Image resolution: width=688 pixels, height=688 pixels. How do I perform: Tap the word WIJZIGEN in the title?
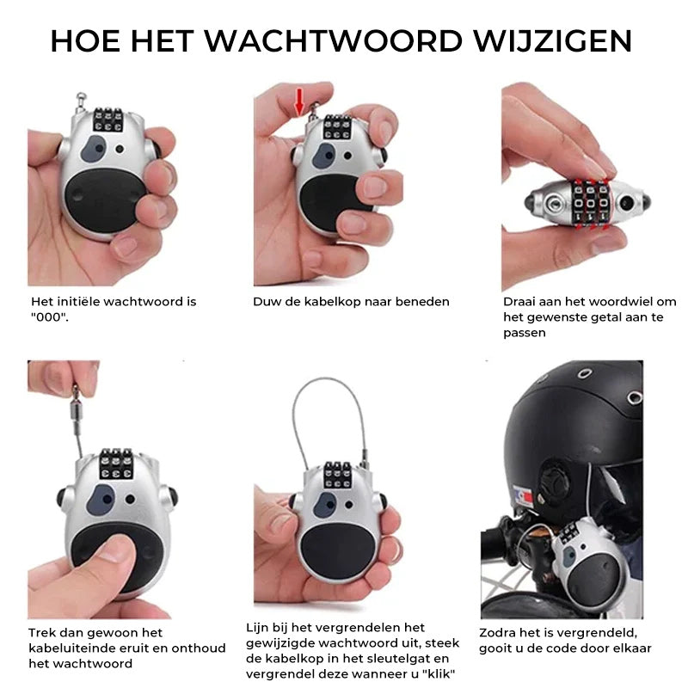pyautogui.click(x=558, y=41)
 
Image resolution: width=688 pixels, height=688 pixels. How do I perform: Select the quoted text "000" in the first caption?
pyautogui.click(x=49, y=316)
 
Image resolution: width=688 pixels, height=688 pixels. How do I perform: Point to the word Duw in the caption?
pyautogui.click(x=264, y=302)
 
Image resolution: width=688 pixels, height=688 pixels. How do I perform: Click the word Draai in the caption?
pyautogui.click(x=519, y=302)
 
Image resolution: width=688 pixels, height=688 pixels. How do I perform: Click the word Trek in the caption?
pyautogui.click(x=42, y=633)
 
